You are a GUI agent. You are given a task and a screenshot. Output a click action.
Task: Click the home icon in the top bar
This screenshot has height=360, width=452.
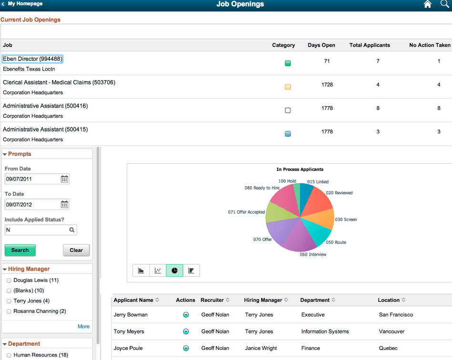tap(427, 4)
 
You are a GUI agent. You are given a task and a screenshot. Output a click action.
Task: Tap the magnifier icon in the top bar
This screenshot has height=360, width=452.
tap(444, 4)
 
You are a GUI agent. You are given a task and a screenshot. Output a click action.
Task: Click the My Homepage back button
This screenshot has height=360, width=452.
tap(22, 4)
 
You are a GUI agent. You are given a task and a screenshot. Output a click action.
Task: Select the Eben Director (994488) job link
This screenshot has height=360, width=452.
tap(32, 59)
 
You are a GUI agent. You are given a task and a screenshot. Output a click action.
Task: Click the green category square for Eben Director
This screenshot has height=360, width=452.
tap(288, 63)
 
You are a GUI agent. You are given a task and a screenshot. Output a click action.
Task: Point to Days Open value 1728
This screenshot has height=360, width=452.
tap(327, 85)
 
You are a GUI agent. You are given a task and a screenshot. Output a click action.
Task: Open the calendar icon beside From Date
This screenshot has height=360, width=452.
tap(64, 179)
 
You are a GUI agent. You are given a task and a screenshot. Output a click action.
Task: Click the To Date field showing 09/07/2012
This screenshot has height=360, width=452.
tap(31, 204)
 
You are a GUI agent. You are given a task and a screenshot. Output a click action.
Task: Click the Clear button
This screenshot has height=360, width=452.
tap(76, 250)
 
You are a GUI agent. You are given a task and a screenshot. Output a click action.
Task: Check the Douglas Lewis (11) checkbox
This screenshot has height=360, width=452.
tap(9, 280)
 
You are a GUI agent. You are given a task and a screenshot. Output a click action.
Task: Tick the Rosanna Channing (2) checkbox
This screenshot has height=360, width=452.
tap(9, 311)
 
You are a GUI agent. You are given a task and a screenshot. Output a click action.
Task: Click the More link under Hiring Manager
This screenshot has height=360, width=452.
tap(83, 326)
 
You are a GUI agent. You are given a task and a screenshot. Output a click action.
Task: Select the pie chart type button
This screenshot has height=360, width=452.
tap(174, 270)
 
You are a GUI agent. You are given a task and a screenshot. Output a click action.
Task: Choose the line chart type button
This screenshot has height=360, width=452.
tap(158, 270)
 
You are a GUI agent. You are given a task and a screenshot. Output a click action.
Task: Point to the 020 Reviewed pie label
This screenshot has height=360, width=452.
tap(339, 193)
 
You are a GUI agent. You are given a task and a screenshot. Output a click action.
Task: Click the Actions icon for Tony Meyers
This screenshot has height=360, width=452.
tap(186, 331)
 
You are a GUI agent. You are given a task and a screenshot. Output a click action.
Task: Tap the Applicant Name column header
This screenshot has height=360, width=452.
tap(133, 300)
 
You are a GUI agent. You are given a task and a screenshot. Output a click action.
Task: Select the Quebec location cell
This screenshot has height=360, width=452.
tap(388, 348)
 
